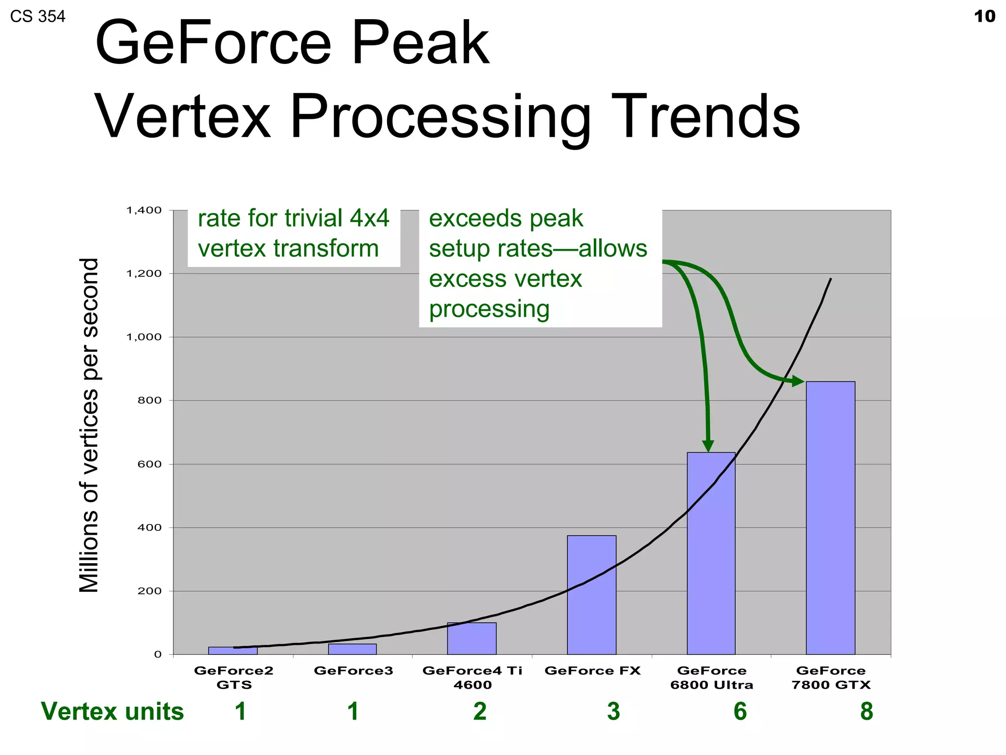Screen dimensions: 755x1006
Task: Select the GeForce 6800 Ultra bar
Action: pos(711,553)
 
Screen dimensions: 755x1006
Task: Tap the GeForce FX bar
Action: pos(591,595)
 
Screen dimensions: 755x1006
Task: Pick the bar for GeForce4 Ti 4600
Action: pos(472,638)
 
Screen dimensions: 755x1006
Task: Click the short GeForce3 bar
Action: pos(352,649)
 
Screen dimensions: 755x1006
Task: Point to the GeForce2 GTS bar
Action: pos(232,650)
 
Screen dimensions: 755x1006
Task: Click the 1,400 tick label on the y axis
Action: pos(144,210)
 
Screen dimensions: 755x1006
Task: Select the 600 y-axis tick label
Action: pos(149,464)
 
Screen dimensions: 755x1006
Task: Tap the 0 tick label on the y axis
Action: pos(157,654)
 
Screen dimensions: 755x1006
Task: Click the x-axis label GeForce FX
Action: pos(592,670)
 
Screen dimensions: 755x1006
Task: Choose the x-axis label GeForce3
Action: pos(353,670)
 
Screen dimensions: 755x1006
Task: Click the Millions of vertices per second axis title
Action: pos(89,425)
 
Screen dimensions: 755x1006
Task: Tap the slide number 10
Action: pos(984,16)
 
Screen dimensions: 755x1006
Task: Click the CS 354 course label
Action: pos(38,17)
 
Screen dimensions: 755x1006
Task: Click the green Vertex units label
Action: pos(112,711)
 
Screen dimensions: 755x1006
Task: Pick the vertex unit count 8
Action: pos(866,711)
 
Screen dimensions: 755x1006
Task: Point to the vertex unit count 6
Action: pos(740,711)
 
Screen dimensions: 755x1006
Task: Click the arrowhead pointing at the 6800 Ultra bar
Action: pos(708,445)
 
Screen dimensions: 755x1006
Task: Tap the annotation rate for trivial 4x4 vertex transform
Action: pos(293,233)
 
